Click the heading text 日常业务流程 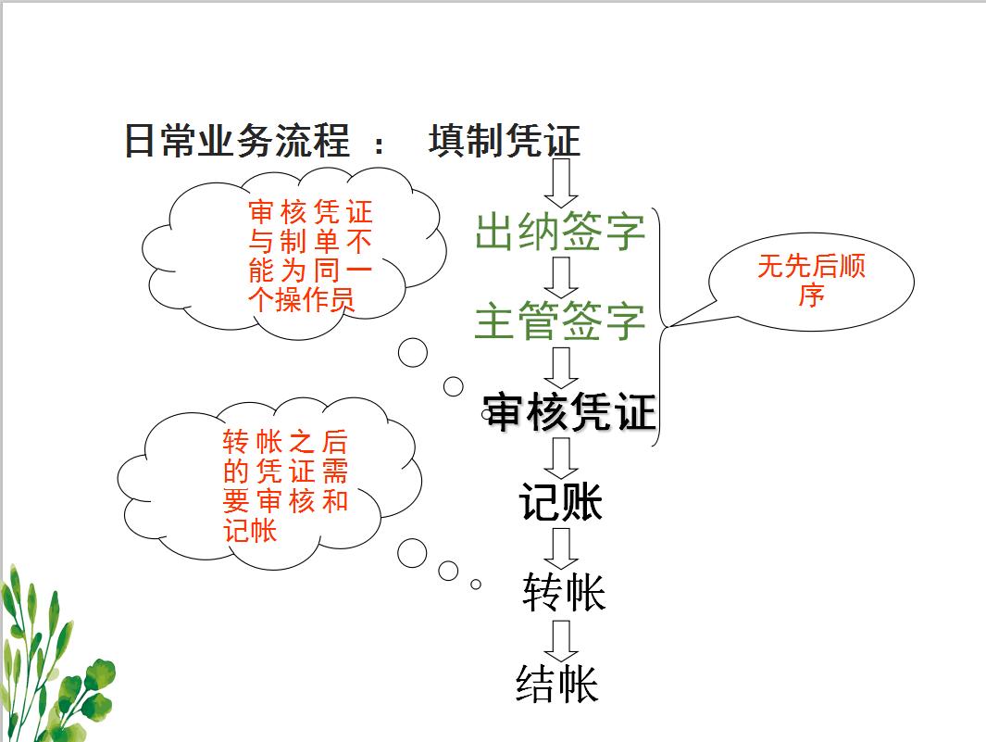(237, 142)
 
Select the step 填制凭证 (505, 142)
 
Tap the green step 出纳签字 (559, 232)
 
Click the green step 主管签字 (559, 321)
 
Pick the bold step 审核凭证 (570, 412)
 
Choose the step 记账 (561, 503)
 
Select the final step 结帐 (557, 684)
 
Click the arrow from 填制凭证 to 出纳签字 (560, 183)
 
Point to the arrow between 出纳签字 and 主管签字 (560, 276)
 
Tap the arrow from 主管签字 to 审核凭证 (560, 367)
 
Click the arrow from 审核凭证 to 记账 (560, 458)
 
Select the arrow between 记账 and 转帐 (560, 547)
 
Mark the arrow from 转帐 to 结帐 (560, 639)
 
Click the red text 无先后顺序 (811, 281)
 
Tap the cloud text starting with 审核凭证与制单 (310, 257)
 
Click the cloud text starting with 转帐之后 (284, 485)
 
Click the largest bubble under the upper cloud (413, 353)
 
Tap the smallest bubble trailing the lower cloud (476, 585)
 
